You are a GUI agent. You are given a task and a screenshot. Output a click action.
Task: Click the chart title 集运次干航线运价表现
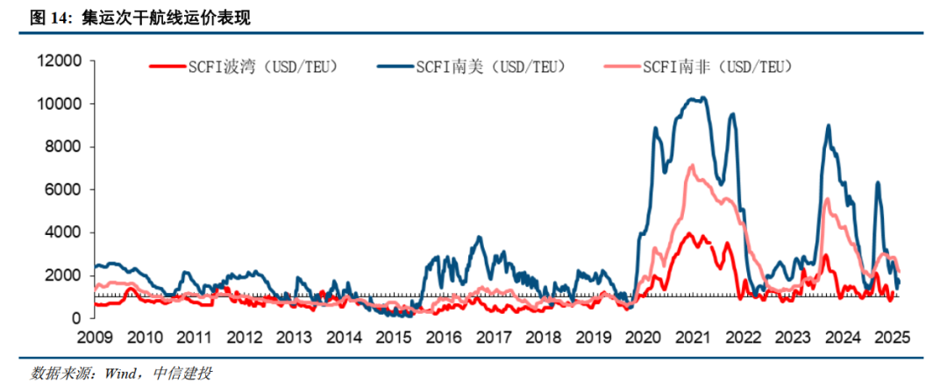click(x=166, y=18)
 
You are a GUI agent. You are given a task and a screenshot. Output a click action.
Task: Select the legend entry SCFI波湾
click(x=242, y=67)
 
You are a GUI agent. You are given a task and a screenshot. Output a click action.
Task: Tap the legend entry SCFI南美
click(x=471, y=67)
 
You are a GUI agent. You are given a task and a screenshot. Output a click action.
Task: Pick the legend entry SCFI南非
click(x=700, y=67)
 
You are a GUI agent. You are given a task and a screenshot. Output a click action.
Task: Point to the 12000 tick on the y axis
click(x=61, y=61)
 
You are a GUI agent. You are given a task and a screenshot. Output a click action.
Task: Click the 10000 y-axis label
click(x=61, y=103)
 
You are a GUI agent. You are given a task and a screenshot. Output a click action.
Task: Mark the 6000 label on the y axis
click(x=64, y=189)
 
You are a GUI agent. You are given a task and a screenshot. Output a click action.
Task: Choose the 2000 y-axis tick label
click(x=64, y=275)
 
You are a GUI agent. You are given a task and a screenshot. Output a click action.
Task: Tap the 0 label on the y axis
click(x=76, y=318)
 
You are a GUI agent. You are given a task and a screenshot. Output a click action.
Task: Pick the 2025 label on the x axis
click(x=893, y=337)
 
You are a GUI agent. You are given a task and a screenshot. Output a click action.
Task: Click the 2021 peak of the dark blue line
click(x=703, y=96)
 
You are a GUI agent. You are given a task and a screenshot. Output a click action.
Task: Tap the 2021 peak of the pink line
click(x=692, y=165)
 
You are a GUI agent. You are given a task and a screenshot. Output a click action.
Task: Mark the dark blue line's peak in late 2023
click(x=828, y=125)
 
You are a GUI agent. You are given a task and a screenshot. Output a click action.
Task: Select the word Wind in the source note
click(x=118, y=374)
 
